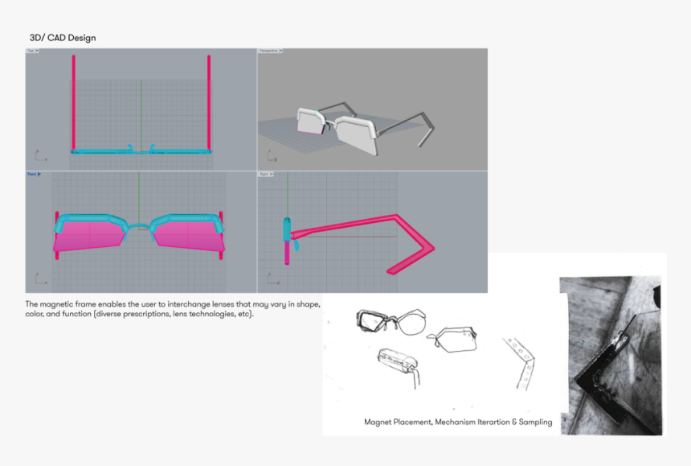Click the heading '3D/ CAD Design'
[63, 38]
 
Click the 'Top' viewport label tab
[32, 51]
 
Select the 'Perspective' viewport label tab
[268, 51]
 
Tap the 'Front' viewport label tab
[32, 174]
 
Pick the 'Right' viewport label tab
[265, 174]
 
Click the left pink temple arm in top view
[73, 101]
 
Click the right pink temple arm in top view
[209, 101]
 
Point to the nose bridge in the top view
[141, 149]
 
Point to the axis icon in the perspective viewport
[268, 158]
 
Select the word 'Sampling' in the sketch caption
[534, 422]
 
